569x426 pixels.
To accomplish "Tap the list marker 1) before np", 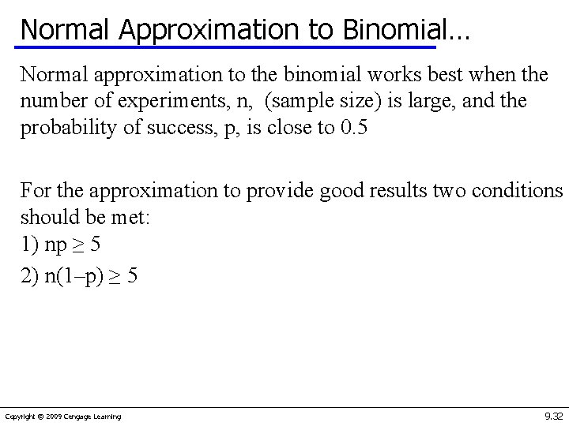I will tap(29, 244).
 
